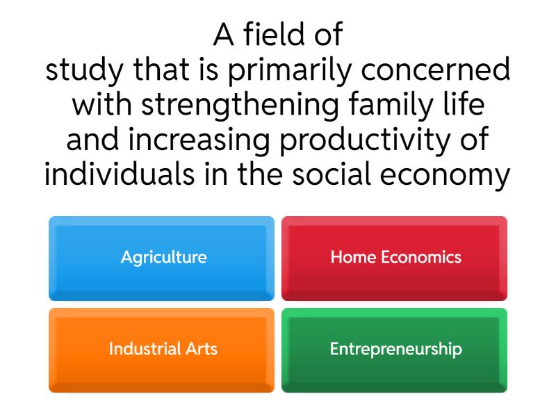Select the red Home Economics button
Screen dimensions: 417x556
click(x=394, y=258)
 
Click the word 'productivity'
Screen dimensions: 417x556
click(x=368, y=140)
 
